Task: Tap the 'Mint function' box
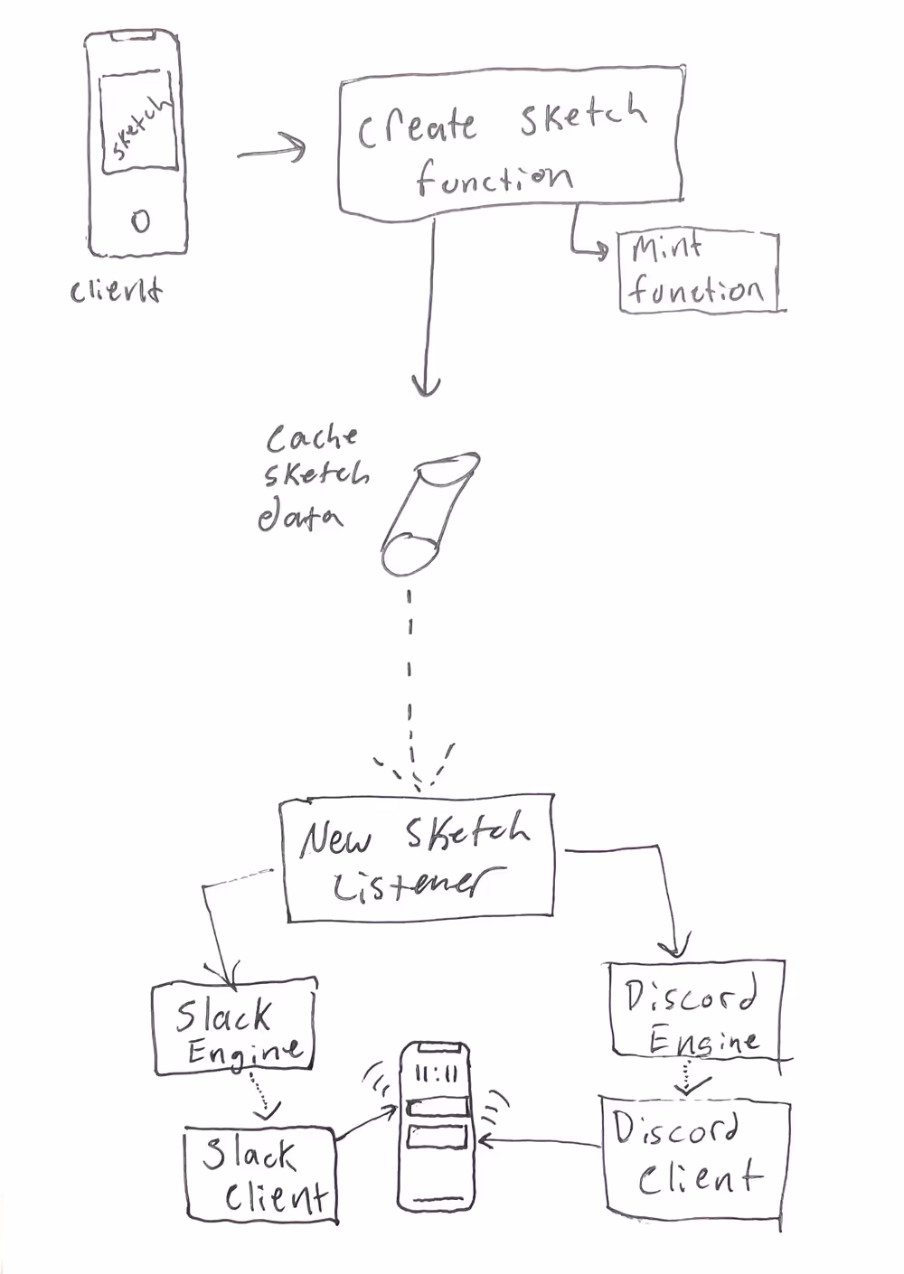click(698, 272)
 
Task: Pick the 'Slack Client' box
click(260, 1175)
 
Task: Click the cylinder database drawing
click(428, 514)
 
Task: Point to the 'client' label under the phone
click(117, 291)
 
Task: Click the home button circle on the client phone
click(140, 220)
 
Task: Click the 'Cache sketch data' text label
click(311, 477)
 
